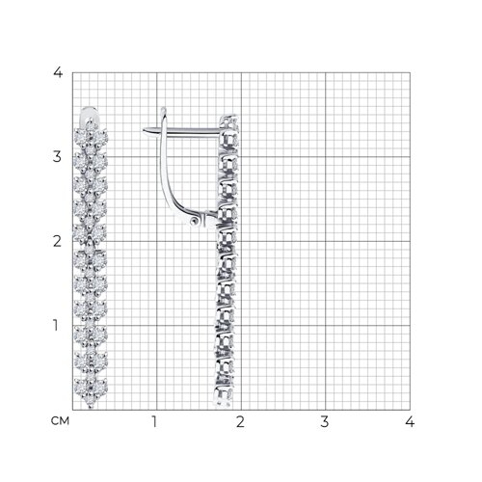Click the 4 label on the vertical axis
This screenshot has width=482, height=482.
point(58,72)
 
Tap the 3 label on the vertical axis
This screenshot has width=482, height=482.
point(57,157)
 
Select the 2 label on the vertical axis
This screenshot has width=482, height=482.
point(57,241)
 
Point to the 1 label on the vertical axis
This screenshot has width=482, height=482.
point(56,325)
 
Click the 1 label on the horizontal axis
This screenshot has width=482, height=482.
point(154,421)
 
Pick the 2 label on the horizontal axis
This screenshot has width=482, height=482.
point(240,421)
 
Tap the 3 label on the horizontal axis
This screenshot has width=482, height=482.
point(325,421)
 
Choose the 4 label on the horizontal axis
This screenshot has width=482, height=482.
point(410,421)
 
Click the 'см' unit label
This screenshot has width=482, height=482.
point(60,421)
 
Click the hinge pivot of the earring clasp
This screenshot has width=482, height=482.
point(195,221)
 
